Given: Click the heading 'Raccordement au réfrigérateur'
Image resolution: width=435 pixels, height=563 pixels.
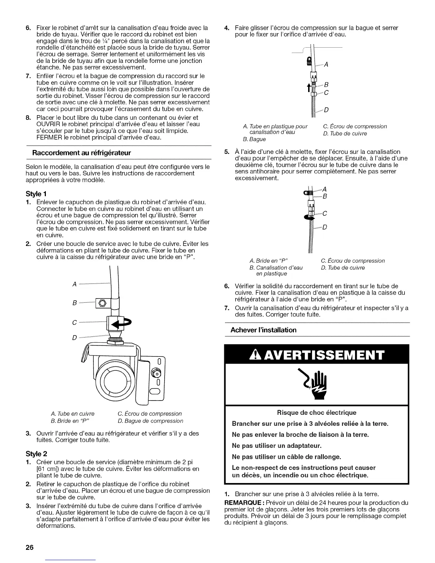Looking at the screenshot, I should coord(82,153).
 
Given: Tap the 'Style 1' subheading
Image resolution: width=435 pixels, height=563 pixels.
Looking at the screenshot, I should coord(39,194).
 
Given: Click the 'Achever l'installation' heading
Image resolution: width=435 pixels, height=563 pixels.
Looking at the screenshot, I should coord(263,330).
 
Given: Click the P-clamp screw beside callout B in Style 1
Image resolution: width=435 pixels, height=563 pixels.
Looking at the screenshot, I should coord(102,303).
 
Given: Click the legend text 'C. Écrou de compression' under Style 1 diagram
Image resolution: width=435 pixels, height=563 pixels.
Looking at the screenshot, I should coord(150,413).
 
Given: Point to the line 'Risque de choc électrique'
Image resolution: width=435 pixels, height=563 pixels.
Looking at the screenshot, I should coord(316,413).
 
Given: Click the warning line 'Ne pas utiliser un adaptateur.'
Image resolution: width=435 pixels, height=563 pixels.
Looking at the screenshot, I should coord(276,445).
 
